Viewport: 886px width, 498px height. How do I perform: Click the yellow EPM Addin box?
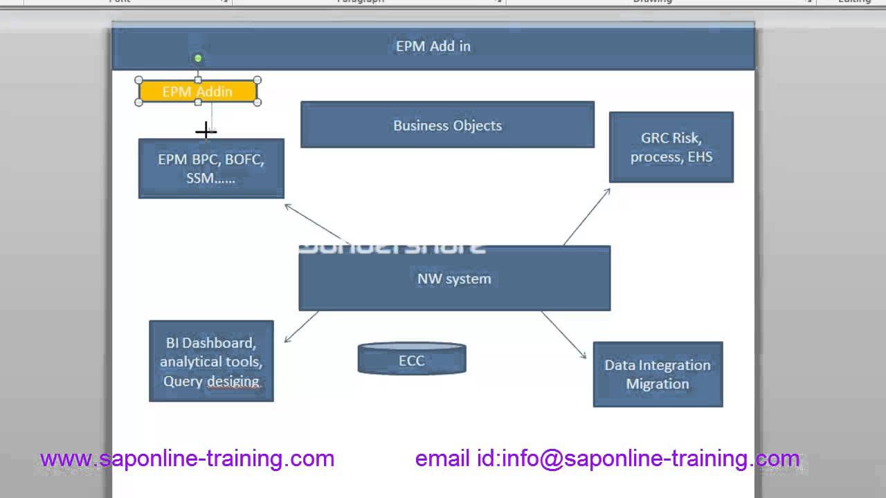pyautogui.click(x=198, y=91)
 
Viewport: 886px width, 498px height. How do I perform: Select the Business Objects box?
pyautogui.click(x=447, y=125)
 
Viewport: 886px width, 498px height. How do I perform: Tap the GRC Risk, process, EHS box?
pyautogui.click(x=671, y=147)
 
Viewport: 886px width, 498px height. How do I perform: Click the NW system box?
pyautogui.click(x=454, y=279)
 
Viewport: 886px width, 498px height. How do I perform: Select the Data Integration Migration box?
pyautogui.click(x=658, y=374)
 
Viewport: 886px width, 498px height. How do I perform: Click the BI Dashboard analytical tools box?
pyautogui.click(x=211, y=361)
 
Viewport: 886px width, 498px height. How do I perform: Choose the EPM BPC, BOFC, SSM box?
pyautogui.click(x=211, y=169)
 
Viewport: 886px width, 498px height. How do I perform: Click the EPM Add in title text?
pyautogui.click(x=433, y=46)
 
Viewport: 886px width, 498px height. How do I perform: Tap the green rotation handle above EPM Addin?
pyautogui.click(x=198, y=58)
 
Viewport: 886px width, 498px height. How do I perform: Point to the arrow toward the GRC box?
pyautogui.click(x=586, y=216)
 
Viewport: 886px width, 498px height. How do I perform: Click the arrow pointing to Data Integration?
pyautogui.click(x=563, y=335)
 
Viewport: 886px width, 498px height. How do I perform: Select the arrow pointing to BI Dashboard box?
pyautogui.click(x=301, y=326)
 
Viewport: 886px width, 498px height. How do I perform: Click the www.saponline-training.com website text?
pyautogui.click(x=187, y=458)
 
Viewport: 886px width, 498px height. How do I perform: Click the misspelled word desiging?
pyautogui.click(x=233, y=381)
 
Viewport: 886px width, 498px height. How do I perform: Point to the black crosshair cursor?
pyautogui.click(x=206, y=131)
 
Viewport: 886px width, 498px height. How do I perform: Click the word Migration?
pyautogui.click(x=658, y=384)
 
